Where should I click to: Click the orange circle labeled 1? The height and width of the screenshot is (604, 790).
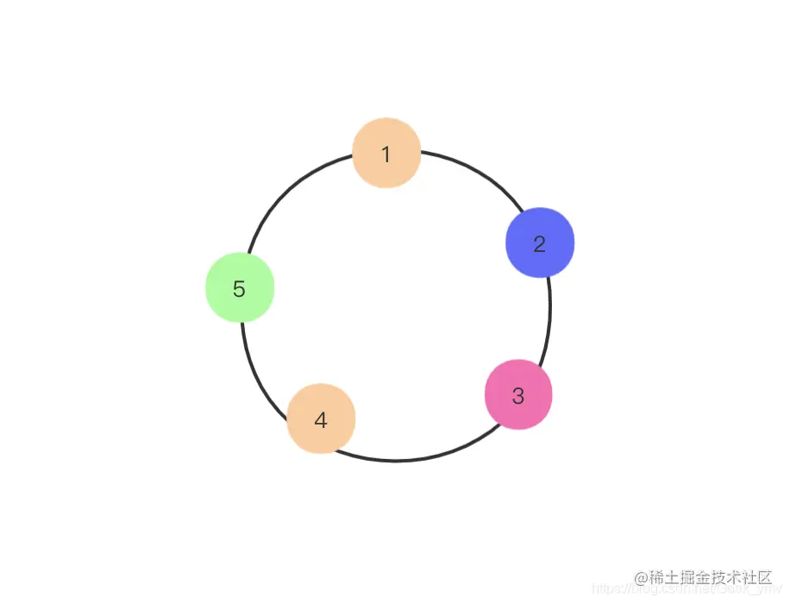click(386, 152)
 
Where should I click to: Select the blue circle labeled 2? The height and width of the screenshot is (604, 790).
click(540, 242)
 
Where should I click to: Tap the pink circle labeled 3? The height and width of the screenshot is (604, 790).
click(518, 394)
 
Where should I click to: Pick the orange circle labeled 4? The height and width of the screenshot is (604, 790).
click(321, 419)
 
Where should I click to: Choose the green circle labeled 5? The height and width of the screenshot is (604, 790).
click(240, 288)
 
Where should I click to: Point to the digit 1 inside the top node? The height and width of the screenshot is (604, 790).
click(386, 154)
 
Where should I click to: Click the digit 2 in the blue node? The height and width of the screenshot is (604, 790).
click(540, 244)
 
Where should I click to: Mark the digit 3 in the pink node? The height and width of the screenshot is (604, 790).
click(518, 396)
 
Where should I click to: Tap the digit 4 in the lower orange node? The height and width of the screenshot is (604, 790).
click(321, 421)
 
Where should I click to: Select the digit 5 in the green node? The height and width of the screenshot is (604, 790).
click(240, 290)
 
